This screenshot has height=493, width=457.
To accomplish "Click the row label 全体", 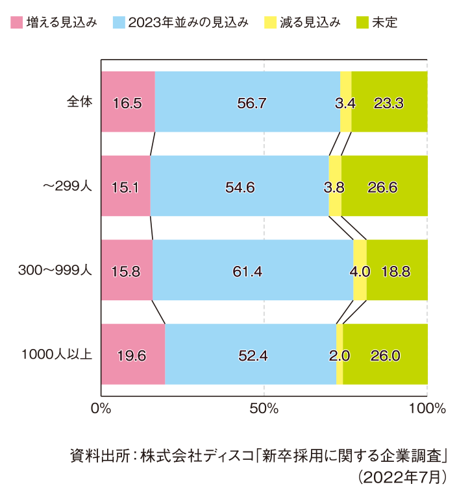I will coord(80,102).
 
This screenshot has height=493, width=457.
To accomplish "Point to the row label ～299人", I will coord(68,186).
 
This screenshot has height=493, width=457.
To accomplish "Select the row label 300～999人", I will coord(56,271).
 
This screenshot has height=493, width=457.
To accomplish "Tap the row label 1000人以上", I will coord(58,355).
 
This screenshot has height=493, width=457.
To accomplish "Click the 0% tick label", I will coord(101,409).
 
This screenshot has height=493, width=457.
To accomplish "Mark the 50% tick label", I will coord(264,409).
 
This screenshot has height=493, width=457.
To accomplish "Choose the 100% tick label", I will coord(427,409).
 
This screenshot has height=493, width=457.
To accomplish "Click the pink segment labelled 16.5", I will coord(127,102).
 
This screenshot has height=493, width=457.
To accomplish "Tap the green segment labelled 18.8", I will coord(396,271).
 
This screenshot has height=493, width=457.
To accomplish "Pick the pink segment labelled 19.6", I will coord(132,355).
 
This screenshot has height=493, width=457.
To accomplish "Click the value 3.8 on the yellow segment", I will coord(334,187).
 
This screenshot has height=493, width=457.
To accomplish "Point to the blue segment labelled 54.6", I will coord(240,186).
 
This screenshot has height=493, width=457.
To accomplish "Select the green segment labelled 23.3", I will coord(389,102).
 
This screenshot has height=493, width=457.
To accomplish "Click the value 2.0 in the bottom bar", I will coord(340,355).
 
